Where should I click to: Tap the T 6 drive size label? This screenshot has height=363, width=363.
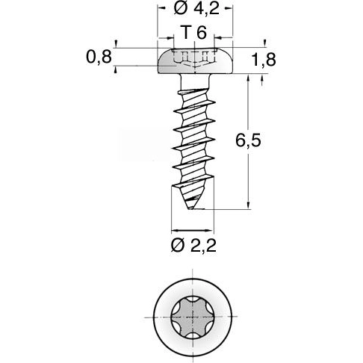coord(193,33)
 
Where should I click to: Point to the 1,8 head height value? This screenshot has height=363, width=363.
coord(262,60)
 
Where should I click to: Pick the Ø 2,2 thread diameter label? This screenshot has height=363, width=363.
coord(194,246)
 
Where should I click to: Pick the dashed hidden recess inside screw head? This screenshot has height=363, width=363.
coord(194,58)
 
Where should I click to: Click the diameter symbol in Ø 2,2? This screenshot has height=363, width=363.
coord(178,246)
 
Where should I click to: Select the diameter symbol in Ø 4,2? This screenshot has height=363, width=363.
coord(178,10)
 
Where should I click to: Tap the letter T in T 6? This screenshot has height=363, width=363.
coord(186,33)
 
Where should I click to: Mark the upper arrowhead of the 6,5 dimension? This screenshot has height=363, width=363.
coord(247,78)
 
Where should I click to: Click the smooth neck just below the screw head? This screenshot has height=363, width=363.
coord(193,81)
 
